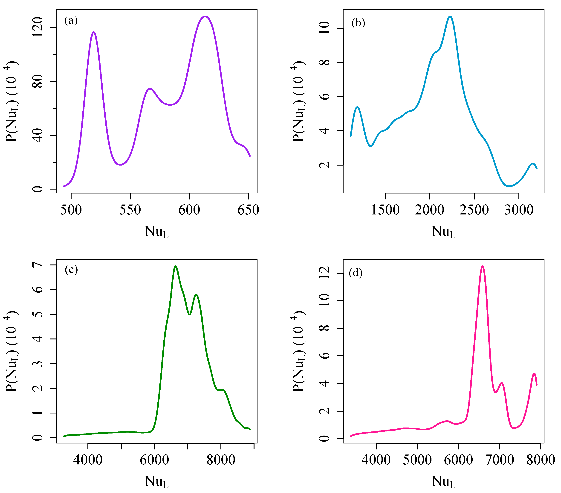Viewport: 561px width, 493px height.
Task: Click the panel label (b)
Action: coord(358,23)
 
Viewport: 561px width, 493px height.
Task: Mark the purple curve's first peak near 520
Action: coord(94,32)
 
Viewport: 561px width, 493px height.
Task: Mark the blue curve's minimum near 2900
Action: coord(509,186)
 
